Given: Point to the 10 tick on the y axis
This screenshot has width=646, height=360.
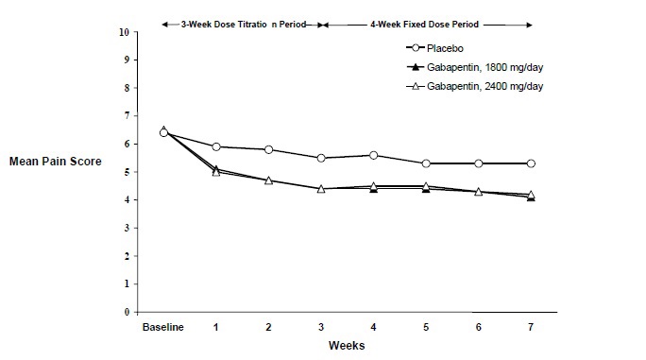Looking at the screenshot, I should pyautogui.click(x=125, y=32).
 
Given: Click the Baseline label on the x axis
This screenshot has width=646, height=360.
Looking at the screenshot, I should pyautogui.click(x=162, y=327).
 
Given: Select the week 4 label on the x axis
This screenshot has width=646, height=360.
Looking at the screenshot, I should pyautogui.click(x=374, y=327).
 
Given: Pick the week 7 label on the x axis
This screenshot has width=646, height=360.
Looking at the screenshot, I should pyautogui.click(x=532, y=327).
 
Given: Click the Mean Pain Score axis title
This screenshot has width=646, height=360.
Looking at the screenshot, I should pyautogui.click(x=55, y=161).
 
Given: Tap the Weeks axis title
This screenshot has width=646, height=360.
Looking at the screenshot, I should pyautogui.click(x=347, y=346).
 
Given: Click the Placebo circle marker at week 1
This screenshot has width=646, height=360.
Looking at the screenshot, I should pyautogui.click(x=216, y=146).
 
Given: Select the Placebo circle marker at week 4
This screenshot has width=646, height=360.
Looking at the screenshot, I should pyautogui.click(x=374, y=155).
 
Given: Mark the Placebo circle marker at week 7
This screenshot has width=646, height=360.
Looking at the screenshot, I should pyautogui.click(x=532, y=163).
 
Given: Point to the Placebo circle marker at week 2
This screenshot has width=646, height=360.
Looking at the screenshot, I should pyautogui.click(x=269, y=149).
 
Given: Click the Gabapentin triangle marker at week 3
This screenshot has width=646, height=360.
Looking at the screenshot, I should pyautogui.click(x=321, y=189).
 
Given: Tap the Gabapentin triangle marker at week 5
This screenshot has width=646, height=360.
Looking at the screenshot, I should pyautogui.click(x=426, y=187).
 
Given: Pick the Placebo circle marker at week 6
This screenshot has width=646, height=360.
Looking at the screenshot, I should pyautogui.click(x=479, y=163).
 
